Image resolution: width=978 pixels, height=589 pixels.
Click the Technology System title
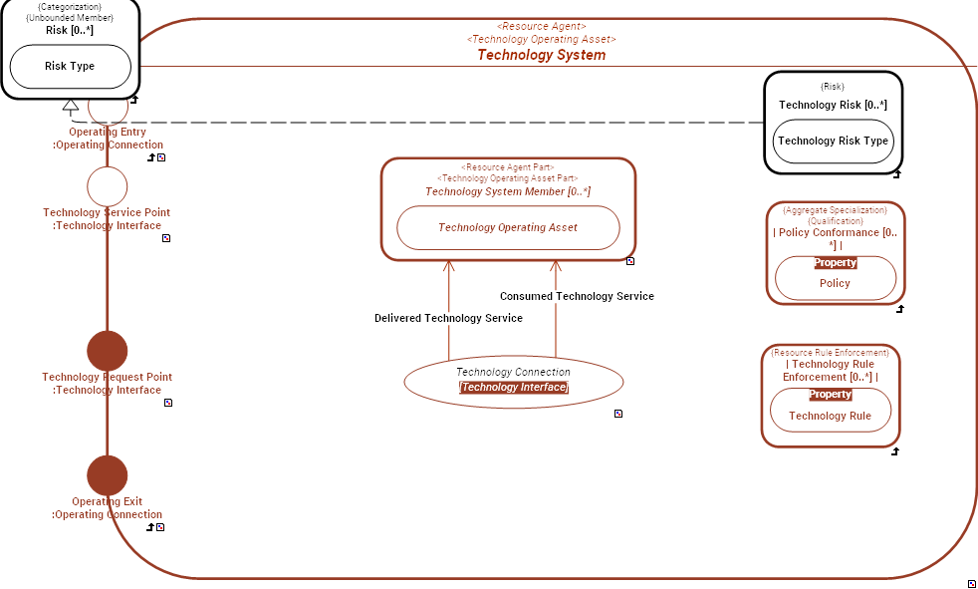[541, 55]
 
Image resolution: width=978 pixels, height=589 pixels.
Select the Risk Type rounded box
[70, 67]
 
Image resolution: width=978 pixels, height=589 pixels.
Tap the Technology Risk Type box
[833, 142]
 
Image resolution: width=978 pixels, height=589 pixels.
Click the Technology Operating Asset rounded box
[508, 227]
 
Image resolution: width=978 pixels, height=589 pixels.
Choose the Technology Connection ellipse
[513, 380]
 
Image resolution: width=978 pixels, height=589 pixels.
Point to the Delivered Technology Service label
[448, 318]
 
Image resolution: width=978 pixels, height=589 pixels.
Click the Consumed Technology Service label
[577, 296]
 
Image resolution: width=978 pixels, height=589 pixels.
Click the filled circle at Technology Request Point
[108, 351]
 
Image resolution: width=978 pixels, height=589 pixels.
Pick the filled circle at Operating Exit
[108, 476]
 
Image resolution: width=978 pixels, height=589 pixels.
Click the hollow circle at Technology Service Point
[108, 186]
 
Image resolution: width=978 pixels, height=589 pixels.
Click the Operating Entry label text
[108, 132]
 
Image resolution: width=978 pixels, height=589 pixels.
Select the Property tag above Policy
[835, 263]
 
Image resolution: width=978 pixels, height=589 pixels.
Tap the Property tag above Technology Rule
[830, 395]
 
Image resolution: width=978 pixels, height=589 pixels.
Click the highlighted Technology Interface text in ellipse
[513, 388]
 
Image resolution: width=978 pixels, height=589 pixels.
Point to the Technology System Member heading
[508, 191]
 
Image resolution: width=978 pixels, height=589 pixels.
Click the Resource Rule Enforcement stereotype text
[830, 353]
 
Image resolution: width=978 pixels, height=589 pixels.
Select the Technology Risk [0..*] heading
[833, 105]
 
